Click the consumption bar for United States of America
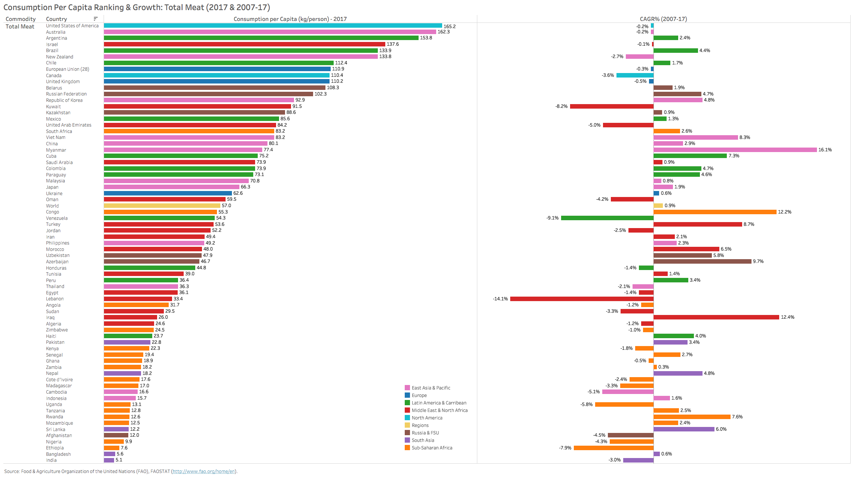[x=273, y=26]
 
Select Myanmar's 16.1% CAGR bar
[x=735, y=150]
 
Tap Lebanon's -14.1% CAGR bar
[x=582, y=299]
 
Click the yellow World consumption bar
[x=162, y=206]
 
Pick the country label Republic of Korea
[x=64, y=100]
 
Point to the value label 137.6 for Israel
[x=392, y=44]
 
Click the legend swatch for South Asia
[x=407, y=440]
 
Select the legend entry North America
[x=427, y=418]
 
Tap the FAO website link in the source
[x=204, y=472]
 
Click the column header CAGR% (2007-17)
[x=663, y=19]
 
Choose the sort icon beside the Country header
[x=95, y=19]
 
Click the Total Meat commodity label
[x=20, y=27]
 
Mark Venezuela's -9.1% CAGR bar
[x=607, y=218]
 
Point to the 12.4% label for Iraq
[x=787, y=317]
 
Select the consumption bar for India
[x=109, y=460]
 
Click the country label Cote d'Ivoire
[x=59, y=380]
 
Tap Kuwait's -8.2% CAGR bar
[x=612, y=106]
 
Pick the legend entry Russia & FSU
[x=425, y=433]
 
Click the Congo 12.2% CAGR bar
[x=714, y=212]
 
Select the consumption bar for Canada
[x=217, y=75]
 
